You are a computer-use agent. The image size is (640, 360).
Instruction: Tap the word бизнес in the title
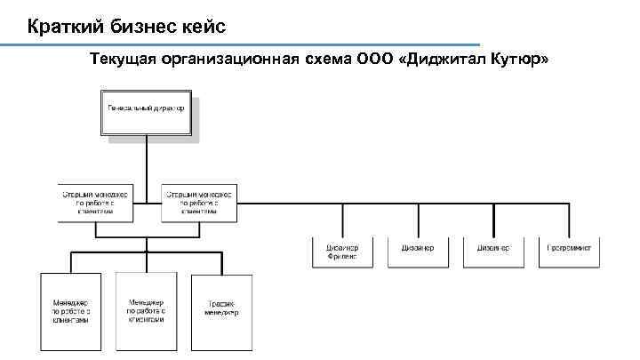[142, 28]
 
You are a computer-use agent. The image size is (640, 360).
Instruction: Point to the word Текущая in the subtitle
[123, 60]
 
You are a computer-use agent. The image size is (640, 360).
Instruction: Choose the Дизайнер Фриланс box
[342, 252]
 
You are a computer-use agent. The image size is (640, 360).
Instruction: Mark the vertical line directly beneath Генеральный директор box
[146, 160]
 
